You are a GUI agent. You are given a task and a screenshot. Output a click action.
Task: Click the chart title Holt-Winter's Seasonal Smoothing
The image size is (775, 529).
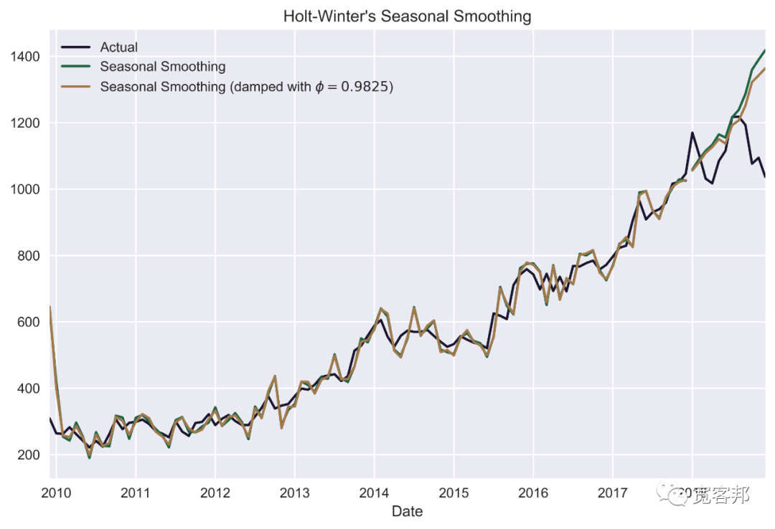pos(407,15)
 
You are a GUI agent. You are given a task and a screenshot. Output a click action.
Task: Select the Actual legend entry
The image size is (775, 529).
pos(118,47)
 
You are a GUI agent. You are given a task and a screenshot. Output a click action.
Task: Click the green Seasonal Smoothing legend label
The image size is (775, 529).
pos(162,67)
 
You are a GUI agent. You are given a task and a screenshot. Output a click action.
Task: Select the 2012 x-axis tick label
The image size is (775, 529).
pos(215,492)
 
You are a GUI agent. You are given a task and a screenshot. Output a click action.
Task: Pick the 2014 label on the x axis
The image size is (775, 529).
pos(374,492)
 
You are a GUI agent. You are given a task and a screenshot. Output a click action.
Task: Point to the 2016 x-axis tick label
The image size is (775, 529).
pos(533,492)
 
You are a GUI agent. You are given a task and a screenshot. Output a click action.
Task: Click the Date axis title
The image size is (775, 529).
pos(407,511)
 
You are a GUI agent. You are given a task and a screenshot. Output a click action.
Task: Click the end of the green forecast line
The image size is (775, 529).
pos(765,50)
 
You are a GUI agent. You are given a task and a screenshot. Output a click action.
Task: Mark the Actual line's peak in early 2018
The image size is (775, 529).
pos(692,133)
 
